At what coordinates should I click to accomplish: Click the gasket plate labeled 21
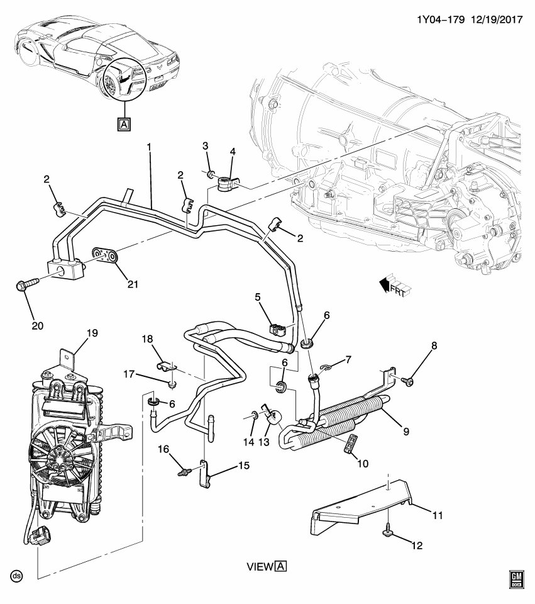(106, 256)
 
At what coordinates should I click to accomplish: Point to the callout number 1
(149, 147)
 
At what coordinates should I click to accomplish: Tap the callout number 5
(257, 296)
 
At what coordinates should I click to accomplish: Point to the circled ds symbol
(16, 576)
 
